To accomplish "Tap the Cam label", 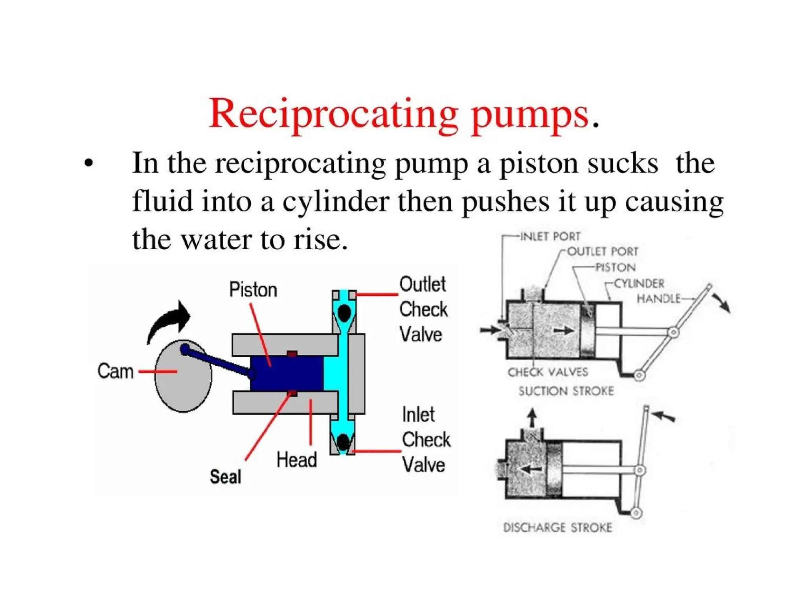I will coord(115,371).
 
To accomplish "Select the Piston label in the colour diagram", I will coord(253,290).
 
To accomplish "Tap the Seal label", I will coord(225,477).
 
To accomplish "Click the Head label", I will coord(296,460).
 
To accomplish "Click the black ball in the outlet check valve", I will coord(344,313).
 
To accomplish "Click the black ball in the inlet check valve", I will coord(343,442).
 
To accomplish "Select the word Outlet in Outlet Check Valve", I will coord(423,284).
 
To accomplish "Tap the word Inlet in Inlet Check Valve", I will coord(418,415).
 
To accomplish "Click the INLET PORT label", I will coord(550,236).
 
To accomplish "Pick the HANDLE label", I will coord(658,299).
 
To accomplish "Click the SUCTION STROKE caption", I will coord(566,391).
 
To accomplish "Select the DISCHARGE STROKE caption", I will coord(557,527).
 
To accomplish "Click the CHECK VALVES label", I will coord(548,372).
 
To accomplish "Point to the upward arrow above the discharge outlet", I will coord(532,418).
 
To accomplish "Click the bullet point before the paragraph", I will coord(89,163).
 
